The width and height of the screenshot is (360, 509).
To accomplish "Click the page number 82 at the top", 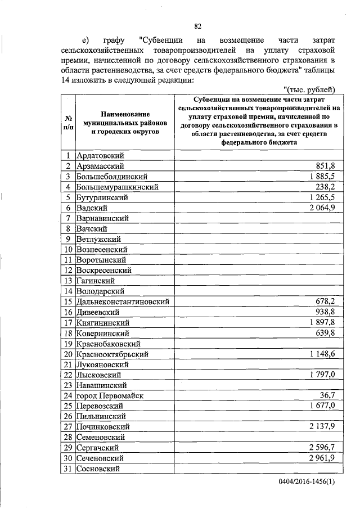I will click(197, 26).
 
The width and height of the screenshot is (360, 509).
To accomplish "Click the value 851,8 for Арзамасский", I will click(323, 166).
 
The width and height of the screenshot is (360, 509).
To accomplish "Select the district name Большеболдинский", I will click(110, 176).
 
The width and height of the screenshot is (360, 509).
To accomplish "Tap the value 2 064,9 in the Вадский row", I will click(319, 208).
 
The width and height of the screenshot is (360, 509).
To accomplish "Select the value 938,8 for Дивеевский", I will click(323, 312).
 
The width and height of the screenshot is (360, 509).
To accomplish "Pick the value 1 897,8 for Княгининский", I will click(319, 322).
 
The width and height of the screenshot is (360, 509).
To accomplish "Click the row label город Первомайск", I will click(110, 395).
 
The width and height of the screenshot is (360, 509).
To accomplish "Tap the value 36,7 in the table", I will click(326, 395).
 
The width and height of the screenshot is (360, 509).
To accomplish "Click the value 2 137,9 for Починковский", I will click(319, 426).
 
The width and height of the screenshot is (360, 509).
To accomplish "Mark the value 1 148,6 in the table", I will click(319, 354).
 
